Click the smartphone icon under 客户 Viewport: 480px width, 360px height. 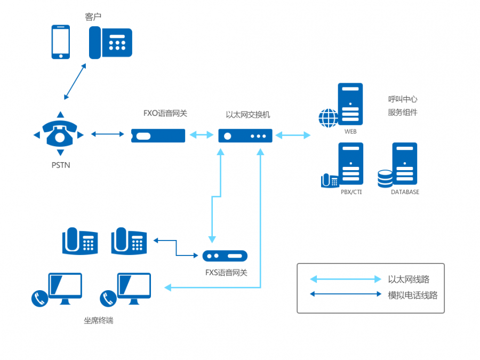60,42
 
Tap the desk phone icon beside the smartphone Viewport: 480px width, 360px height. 110,43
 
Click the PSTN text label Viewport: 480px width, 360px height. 61,165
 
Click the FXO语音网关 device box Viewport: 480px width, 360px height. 158,135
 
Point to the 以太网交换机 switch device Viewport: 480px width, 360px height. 245,135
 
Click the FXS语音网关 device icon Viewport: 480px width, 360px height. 226,256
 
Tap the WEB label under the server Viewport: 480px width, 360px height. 350,131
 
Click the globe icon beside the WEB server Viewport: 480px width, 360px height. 328,118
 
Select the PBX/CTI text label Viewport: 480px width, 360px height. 351,192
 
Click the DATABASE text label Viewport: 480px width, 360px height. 405,192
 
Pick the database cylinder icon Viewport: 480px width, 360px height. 385,179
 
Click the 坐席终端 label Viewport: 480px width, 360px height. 99,321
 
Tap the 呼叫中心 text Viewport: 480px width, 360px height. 403,99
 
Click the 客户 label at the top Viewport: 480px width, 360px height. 93,17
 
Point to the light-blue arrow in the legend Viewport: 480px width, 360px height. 346,279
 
